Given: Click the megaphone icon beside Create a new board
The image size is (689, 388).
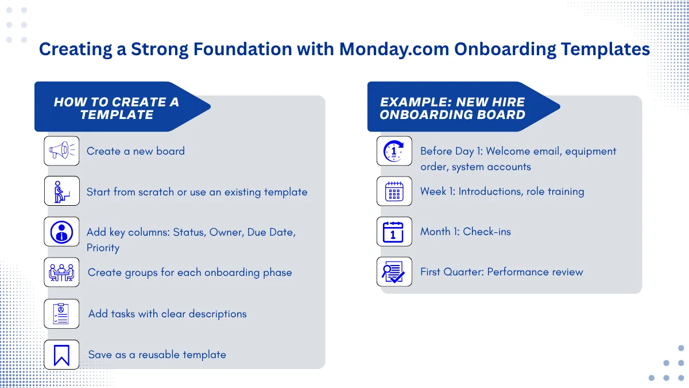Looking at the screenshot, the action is coord(61,151).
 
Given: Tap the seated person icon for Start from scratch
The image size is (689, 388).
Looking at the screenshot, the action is coord(61,191).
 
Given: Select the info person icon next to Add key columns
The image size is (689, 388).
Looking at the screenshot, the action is coord(61,232).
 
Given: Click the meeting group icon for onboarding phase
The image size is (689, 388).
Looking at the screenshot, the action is coord(61,272).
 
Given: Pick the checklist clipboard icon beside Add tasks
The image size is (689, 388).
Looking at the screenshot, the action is coord(61,313).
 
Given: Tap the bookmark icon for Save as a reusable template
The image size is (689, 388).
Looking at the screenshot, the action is coord(61,355).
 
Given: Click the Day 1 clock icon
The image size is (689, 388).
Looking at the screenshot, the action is coord(394,151).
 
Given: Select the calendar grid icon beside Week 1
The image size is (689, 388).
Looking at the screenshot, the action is coord(394,191).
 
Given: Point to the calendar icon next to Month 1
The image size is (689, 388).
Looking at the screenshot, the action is coord(393,232).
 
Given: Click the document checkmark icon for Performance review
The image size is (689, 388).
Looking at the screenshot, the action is coord(393,272).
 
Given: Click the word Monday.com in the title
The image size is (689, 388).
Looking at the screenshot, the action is coord(394,49).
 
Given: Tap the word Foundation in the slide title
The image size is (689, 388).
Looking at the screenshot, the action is coord(242,49).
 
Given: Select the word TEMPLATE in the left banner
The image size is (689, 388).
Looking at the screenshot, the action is coord(117,115).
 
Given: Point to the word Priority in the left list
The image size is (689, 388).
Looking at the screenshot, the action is coord(103,248).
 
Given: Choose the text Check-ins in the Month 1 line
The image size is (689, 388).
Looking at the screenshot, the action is coord(487,232).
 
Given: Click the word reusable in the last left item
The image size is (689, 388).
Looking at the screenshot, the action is coord(159,355).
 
